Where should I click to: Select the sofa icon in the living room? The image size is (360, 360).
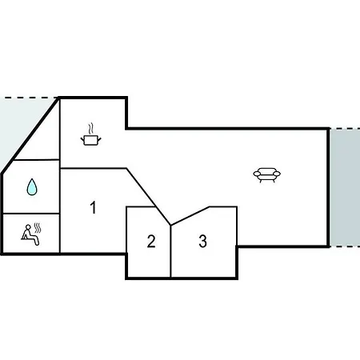point(266,174)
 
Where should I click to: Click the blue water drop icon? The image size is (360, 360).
point(32,186)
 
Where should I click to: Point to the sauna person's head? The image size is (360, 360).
point(28,227)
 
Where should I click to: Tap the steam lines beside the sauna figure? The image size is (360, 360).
point(38,228)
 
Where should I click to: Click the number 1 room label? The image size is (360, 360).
point(93,207)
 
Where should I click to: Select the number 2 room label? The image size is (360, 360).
point(151,241)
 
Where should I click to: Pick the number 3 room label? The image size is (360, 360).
point(203,241)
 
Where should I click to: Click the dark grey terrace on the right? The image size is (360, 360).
point(345,187)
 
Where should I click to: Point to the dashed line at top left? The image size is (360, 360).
point(29,98)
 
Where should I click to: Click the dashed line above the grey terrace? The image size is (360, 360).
point(345,129)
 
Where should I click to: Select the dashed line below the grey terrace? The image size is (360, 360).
point(345,246)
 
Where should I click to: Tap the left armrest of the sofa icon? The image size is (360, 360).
point(257,174)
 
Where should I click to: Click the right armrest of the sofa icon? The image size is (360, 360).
point(277,174)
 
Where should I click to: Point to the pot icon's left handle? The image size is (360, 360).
point(82,138)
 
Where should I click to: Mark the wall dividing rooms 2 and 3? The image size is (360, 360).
point(170,251)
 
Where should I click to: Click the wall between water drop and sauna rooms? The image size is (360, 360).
point(31,214)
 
